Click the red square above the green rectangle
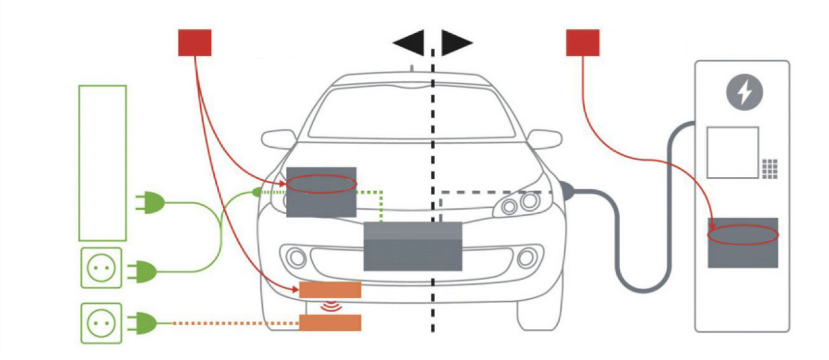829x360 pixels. click(x=194, y=42)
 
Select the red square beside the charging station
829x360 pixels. click(x=583, y=42)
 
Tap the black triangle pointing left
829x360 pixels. click(x=409, y=43)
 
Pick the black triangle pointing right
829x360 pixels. click(x=456, y=43)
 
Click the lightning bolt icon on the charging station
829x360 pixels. click(x=744, y=93)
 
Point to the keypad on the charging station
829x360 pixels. click(x=770, y=168)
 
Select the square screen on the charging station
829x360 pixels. click(x=732, y=152)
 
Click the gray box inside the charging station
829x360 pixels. click(x=743, y=243)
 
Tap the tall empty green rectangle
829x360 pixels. click(x=102, y=163)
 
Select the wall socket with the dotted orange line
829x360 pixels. click(x=101, y=323)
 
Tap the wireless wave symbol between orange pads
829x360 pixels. click(x=330, y=306)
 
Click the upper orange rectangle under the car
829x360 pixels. click(x=330, y=290)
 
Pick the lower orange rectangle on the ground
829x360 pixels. click(x=330, y=323)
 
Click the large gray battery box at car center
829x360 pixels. click(x=413, y=246)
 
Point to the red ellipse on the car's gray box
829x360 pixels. click(x=320, y=185)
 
